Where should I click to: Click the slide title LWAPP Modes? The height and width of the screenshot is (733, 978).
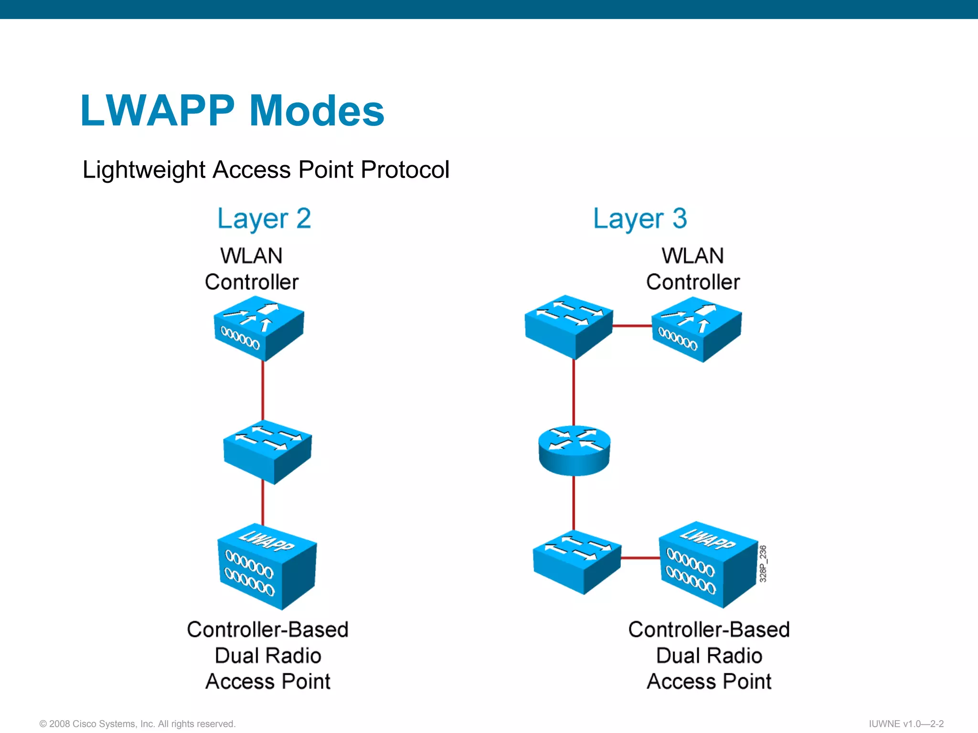pyautogui.click(x=233, y=110)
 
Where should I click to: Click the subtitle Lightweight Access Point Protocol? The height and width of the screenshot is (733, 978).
pyautogui.click(x=266, y=170)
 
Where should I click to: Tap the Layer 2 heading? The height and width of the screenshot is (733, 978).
pyautogui.click(x=264, y=219)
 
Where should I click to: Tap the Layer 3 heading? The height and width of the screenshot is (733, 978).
pyautogui.click(x=640, y=219)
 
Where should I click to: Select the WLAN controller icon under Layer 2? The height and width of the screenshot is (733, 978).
pyautogui.click(x=259, y=329)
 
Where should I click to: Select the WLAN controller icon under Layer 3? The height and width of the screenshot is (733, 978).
pyautogui.click(x=697, y=330)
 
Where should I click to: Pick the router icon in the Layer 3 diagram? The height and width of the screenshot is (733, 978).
pyautogui.click(x=574, y=450)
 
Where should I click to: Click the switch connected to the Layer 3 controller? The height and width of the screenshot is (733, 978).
pyautogui.click(x=569, y=327)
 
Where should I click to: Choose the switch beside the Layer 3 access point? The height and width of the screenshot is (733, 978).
pyautogui.click(x=577, y=562)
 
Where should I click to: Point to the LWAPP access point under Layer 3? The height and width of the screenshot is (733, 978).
pyautogui.click(x=709, y=565)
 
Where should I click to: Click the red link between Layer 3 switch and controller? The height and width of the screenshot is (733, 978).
pyautogui.click(x=632, y=326)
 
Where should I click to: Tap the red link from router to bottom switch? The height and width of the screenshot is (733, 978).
pyautogui.click(x=574, y=503)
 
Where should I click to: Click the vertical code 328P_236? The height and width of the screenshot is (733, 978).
pyautogui.click(x=763, y=564)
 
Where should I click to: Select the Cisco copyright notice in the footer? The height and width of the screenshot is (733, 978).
pyautogui.click(x=138, y=724)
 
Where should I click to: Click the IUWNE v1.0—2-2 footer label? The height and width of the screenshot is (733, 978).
pyautogui.click(x=906, y=724)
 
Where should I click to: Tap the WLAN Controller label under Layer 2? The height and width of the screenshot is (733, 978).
pyautogui.click(x=252, y=269)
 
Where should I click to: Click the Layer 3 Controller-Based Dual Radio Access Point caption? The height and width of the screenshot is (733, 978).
pyautogui.click(x=709, y=656)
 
